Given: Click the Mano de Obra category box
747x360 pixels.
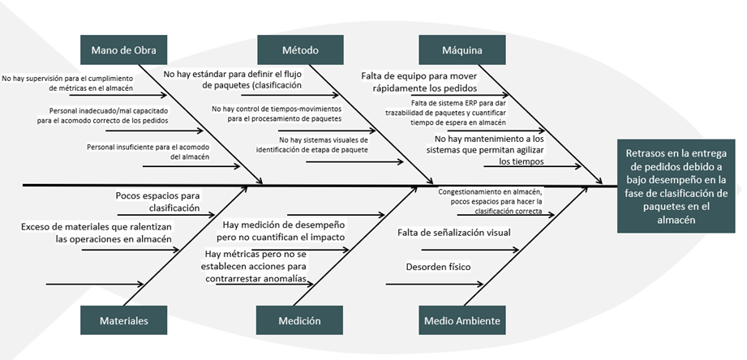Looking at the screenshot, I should pyautogui.click(x=124, y=49).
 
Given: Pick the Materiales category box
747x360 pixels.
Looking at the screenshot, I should pyautogui.click(x=124, y=320).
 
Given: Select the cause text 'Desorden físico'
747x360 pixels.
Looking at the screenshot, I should pyautogui.click(x=438, y=267).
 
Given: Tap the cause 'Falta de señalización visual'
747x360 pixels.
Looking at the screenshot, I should pyautogui.click(x=454, y=233).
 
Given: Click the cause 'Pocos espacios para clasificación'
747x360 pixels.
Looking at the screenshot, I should pyautogui.click(x=157, y=202).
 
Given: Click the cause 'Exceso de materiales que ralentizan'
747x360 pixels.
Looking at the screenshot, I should pyautogui.click(x=96, y=233).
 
